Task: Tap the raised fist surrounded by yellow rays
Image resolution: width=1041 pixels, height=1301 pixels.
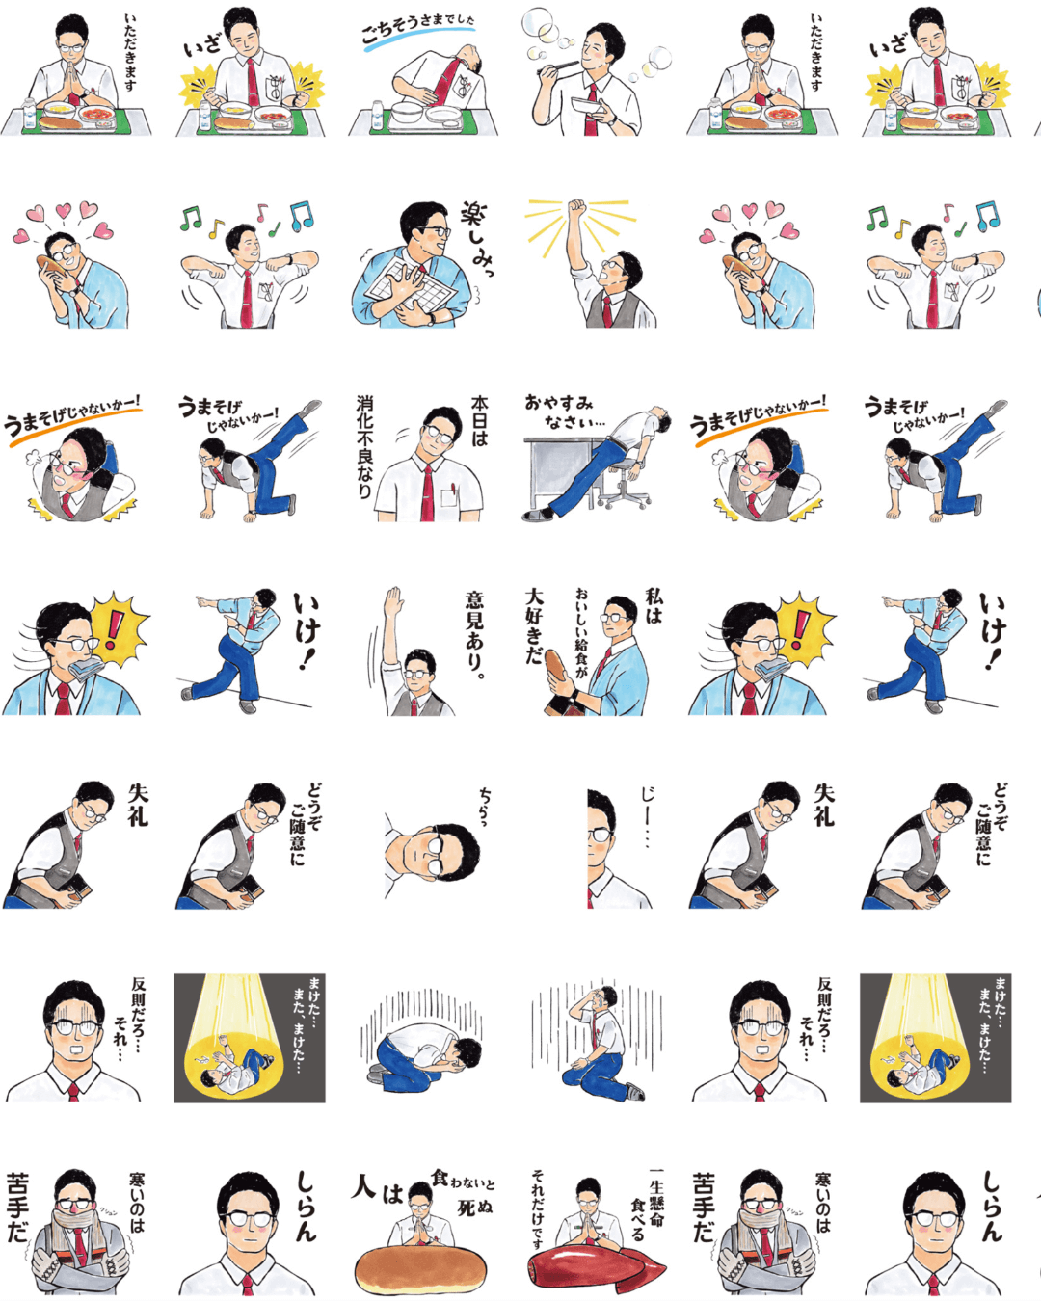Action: click(577, 209)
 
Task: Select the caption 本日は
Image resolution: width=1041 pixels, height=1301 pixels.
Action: click(479, 421)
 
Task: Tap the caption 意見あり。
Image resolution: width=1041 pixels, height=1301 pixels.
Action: click(475, 635)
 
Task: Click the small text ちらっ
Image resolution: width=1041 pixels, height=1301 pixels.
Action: click(485, 808)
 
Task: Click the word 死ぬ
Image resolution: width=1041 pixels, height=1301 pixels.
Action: click(467, 1208)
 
